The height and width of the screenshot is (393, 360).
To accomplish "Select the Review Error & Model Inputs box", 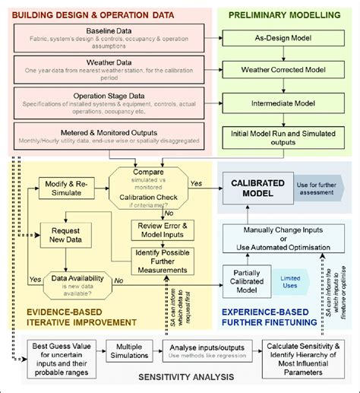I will [x=164, y=229].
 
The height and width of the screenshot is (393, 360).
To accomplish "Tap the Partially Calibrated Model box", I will [x=249, y=280].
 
